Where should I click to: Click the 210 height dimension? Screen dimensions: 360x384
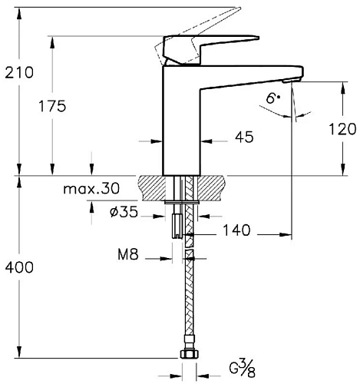[x=19, y=72]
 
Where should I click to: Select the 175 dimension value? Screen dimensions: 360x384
[x=52, y=106]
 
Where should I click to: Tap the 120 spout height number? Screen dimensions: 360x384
[x=342, y=129]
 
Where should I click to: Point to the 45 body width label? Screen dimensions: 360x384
[x=244, y=137]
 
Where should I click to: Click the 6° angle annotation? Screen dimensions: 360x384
[x=273, y=98]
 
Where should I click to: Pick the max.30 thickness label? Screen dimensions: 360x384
[x=91, y=189]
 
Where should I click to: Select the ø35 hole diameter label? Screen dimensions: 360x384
[x=124, y=212]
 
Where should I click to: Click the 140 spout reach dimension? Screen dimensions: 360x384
[x=236, y=230]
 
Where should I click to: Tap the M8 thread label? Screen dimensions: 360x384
[x=128, y=254]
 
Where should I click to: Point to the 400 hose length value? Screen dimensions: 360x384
[x=19, y=267]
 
